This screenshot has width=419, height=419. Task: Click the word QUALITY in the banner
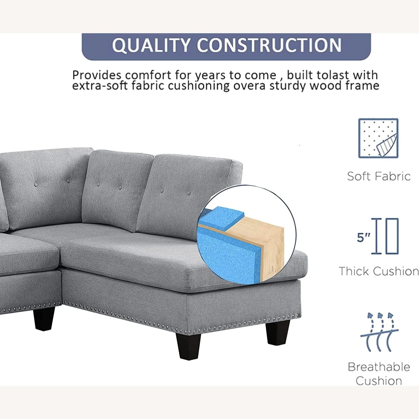point(151,45)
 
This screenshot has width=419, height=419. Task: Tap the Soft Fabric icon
point(378,138)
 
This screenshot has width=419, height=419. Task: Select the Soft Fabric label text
point(379,176)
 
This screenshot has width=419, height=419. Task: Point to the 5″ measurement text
point(363,237)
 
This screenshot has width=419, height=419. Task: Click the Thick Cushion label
point(379,271)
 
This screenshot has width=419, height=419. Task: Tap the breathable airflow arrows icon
point(379,332)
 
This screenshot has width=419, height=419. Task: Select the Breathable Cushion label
point(379,374)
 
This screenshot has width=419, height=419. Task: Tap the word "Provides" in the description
point(97,75)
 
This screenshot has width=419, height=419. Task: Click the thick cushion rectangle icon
point(392,236)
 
